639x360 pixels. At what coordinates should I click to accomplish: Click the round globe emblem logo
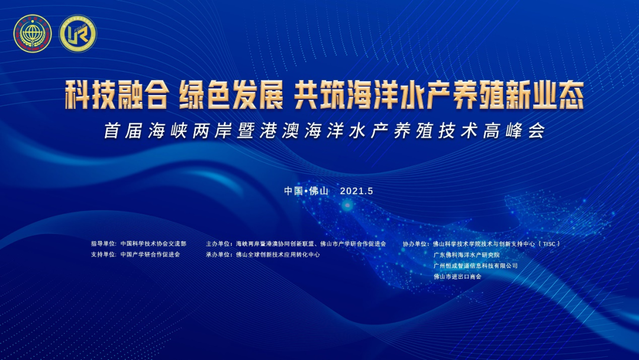(33, 33)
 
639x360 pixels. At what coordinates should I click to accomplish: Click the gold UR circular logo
(78, 33)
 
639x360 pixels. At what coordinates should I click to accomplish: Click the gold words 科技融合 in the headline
(117, 95)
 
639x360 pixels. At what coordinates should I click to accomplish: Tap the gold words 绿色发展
(231, 95)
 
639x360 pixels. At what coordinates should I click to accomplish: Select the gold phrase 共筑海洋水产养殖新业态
(439, 95)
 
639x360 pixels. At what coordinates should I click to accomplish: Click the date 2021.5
(357, 191)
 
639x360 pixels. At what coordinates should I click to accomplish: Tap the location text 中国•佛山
(306, 191)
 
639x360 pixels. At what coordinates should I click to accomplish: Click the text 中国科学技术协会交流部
(153, 244)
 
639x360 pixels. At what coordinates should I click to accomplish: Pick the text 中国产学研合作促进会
(150, 255)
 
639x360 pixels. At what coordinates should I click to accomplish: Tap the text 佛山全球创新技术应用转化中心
(278, 255)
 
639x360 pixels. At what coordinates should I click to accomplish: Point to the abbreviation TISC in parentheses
(549, 244)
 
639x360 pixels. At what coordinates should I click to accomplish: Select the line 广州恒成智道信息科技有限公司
(476, 266)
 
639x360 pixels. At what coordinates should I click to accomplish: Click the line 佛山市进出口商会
(457, 277)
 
